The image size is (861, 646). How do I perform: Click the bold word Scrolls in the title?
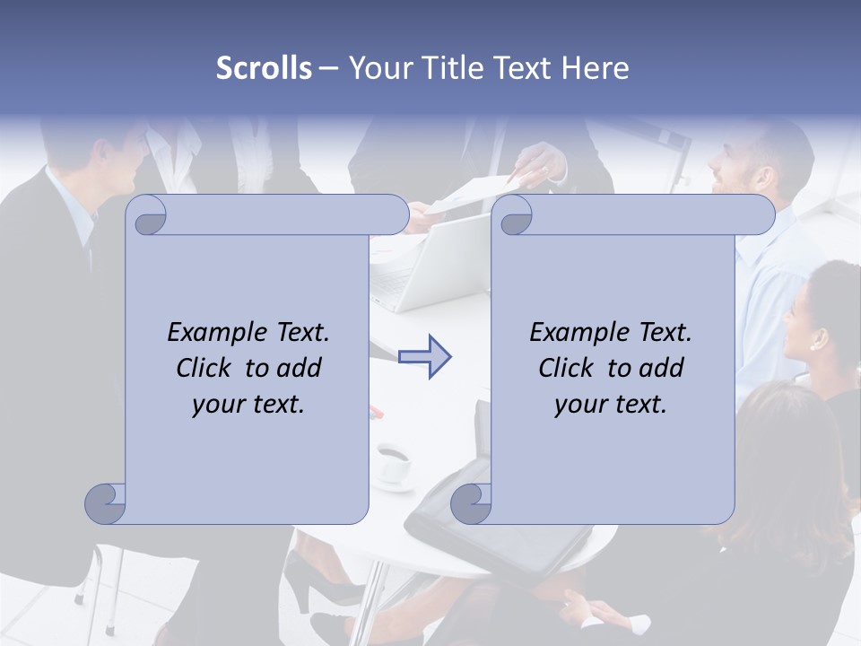click(x=264, y=68)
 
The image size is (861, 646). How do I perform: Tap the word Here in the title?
click(x=596, y=68)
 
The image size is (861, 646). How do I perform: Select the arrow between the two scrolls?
click(x=425, y=357)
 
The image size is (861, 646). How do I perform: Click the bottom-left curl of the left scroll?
click(x=106, y=502)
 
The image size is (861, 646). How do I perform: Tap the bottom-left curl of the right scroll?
click(x=471, y=502)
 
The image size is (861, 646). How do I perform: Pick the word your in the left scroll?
click(x=219, y=404)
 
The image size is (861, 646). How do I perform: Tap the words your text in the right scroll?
click(x=610, y=404)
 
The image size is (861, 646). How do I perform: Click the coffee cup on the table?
click(x=392, y=461)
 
